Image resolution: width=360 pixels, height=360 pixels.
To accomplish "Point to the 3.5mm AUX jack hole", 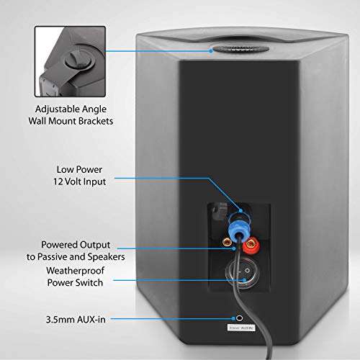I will tap(237, 317).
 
